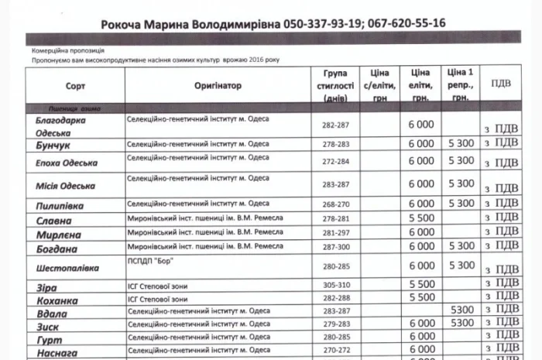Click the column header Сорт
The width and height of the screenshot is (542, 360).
pyautogui.click(x=75, y=86)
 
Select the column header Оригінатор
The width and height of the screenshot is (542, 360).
pyautogui.click(x=218, y=86)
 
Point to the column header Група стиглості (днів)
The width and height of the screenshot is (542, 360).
pyautogui.click(x=336, y=86)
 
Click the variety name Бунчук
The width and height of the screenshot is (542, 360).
pyautogui.click(x=53, y=145)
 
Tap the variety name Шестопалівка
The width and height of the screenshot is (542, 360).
pyautogui.click(x=68, y=268)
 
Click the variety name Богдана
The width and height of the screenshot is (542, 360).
pyautogui.click(x=57, y=249)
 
